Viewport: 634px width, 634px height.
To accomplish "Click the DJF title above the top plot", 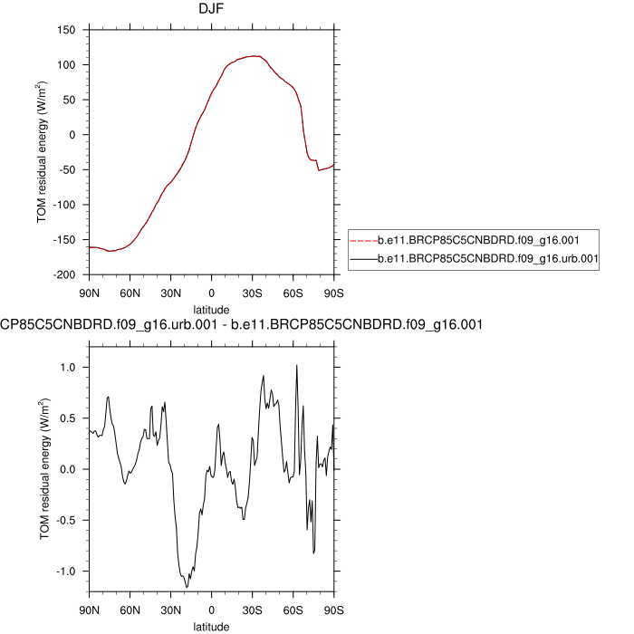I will (x=212, y=10).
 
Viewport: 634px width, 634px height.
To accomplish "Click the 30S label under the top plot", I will (x=253, y=293).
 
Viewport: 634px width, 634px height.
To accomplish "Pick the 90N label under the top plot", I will (x=89, y=293).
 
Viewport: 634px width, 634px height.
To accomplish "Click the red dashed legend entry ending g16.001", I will (x=478, y=240).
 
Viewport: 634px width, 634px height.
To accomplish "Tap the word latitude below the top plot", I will (x=211, y=310).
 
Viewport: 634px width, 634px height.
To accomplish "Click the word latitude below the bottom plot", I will (x=211, y=626).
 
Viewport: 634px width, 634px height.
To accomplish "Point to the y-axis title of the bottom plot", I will (x=44, y=468).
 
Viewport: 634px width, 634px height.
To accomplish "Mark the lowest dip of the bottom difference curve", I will (x=187, y=587).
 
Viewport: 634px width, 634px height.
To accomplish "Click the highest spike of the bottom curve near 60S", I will (x=296, y=365).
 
